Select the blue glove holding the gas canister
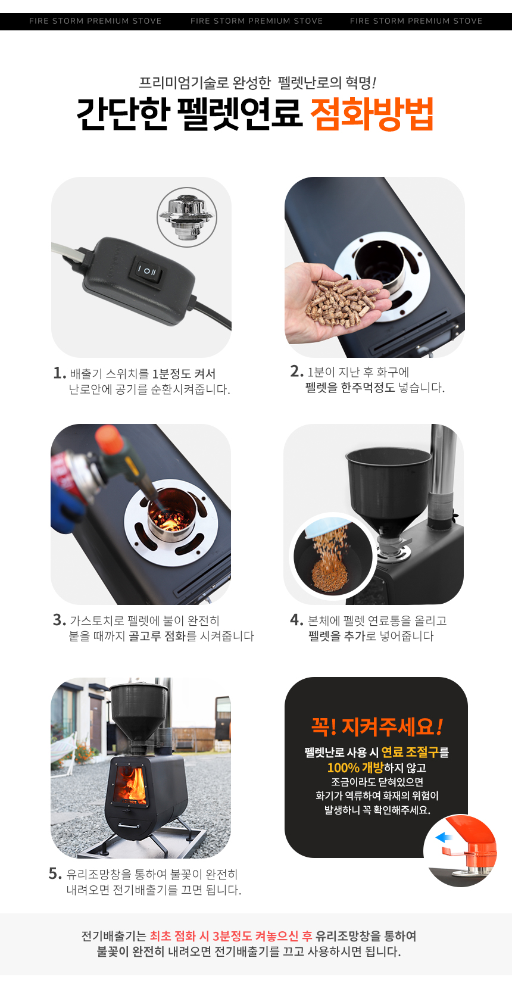66,508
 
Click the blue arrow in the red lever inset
444,837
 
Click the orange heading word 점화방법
371,114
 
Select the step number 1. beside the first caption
59,373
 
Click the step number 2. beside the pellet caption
296,372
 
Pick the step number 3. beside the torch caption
59,620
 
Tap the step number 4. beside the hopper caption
296,620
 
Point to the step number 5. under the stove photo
55,873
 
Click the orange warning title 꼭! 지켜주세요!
377,726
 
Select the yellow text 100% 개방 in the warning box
355,768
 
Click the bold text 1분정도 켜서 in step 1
183,374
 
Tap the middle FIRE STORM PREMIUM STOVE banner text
257,21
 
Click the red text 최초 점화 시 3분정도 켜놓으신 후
231,936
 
